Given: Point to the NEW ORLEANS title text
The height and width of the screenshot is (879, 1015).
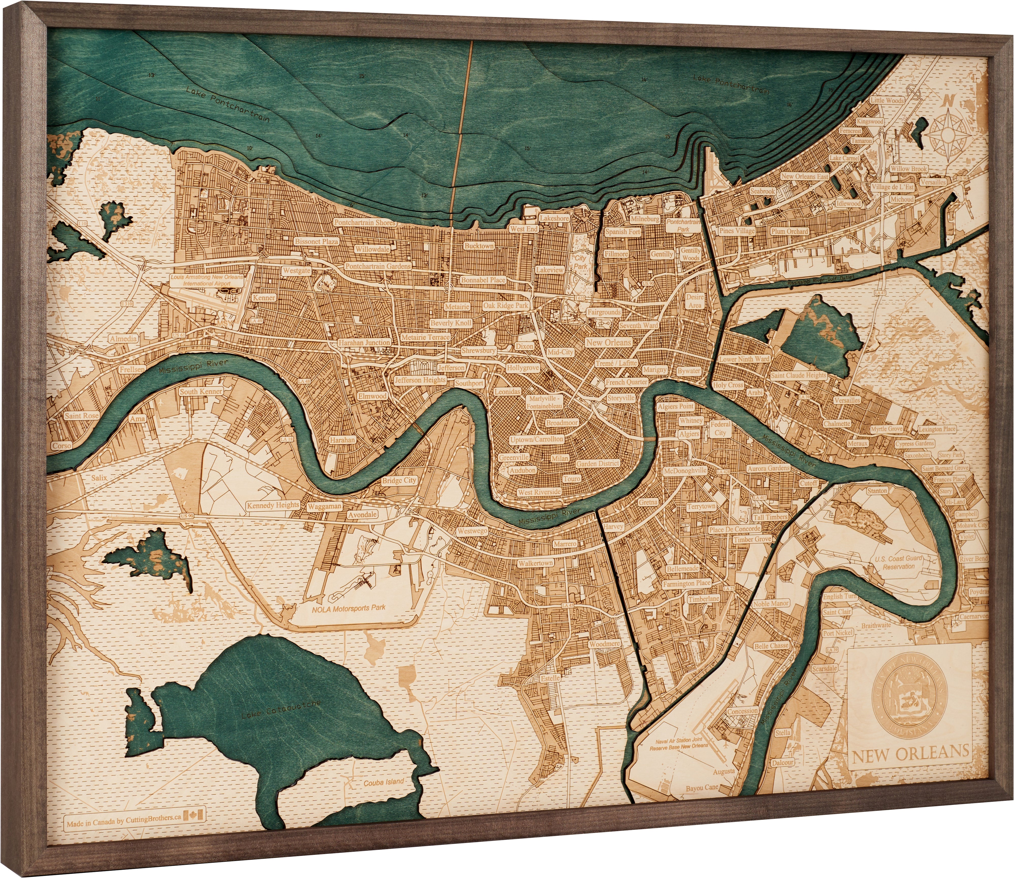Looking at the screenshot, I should (910, 752).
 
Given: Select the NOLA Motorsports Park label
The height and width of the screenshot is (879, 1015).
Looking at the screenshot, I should (348, 609).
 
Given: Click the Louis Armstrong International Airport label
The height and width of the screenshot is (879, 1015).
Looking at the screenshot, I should (207, 280).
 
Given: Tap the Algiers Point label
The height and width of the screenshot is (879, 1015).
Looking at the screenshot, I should (675, 406).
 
